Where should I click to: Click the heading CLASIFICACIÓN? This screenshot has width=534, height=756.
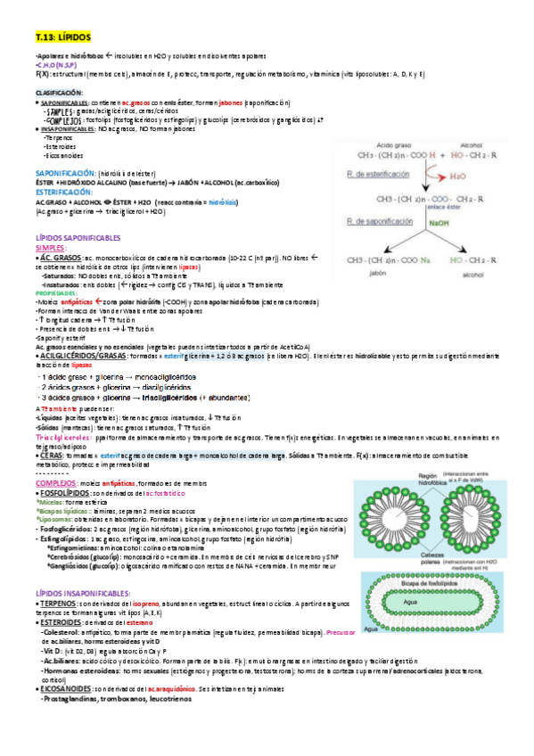coord(59,93)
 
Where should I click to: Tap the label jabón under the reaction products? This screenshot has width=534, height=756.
coord(377,275)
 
